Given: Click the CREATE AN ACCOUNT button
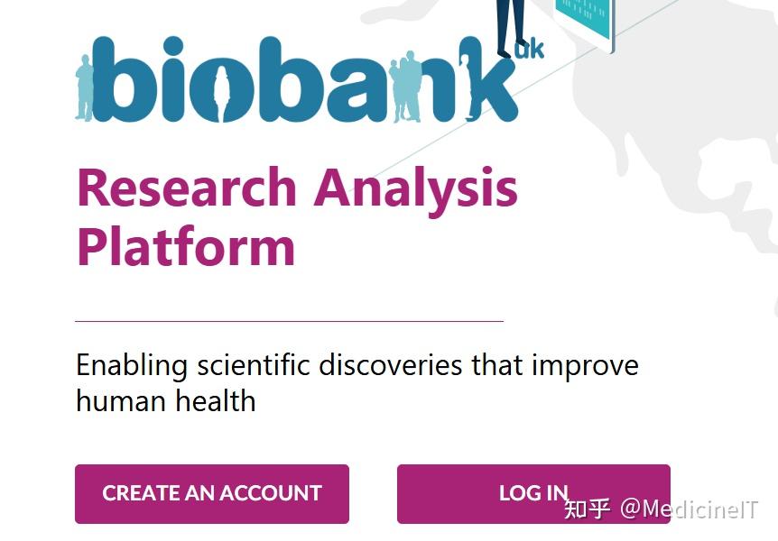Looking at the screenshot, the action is coord(212,494).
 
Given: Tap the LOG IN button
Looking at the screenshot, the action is coord(533,494).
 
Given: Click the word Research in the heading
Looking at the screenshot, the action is coord(187,188).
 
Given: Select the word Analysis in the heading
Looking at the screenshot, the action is coord(416,192).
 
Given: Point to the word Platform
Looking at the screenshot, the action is coord(186,245).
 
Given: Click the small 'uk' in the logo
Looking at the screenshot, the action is coord(530,50).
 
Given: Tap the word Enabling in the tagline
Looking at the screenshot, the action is coord(132,367).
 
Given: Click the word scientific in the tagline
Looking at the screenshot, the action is coord(254,365).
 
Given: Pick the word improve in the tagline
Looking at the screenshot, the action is coord(585,368).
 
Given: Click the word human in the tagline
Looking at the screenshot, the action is coord(121,400).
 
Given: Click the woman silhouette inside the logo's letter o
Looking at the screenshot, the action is coord(222,93).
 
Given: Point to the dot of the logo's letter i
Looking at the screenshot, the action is coord(173,47).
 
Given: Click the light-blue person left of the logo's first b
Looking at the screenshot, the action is coord(85,87).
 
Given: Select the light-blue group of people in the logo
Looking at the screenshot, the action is coord(405,87).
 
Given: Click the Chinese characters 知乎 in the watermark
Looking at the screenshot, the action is coord(587,509).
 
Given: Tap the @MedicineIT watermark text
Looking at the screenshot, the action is coord(690,509).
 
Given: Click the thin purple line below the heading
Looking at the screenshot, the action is coord(290,321).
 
